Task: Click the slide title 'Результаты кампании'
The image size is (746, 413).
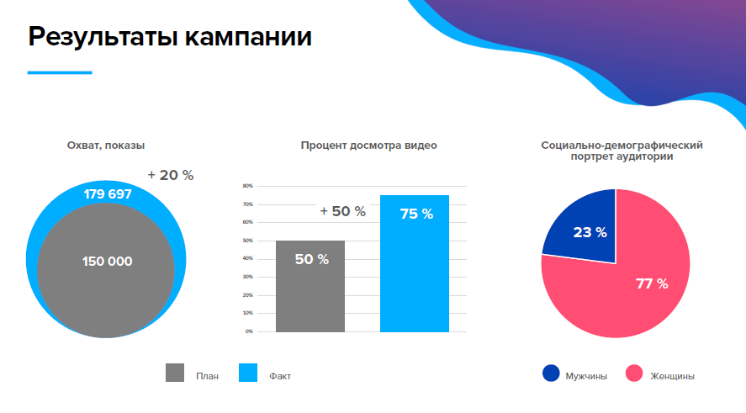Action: coord(170,37)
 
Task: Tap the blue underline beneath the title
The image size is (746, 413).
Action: coord(60,73)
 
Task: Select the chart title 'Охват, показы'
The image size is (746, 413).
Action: coord(112,146)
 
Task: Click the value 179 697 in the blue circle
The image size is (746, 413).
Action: coord(108,194)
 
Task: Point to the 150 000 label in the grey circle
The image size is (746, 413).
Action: coord(107,262)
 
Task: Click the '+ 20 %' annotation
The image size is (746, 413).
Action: coord(171,175)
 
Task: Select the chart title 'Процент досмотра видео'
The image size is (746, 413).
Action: coord(368,146)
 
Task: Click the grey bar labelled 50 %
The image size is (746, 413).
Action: coord(310,290)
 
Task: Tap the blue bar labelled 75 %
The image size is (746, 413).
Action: coord(415,269)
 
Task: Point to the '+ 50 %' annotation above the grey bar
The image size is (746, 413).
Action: coord(343,212)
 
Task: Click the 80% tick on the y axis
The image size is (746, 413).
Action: coord(248,186)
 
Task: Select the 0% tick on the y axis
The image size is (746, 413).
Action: coord(249,331)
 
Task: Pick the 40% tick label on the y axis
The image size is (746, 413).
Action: coord(248,259)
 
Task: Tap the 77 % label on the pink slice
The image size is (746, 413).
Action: coord(652,283)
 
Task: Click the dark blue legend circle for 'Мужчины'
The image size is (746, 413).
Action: coord(552,374)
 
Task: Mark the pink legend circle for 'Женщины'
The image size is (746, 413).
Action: coord(634,374)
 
